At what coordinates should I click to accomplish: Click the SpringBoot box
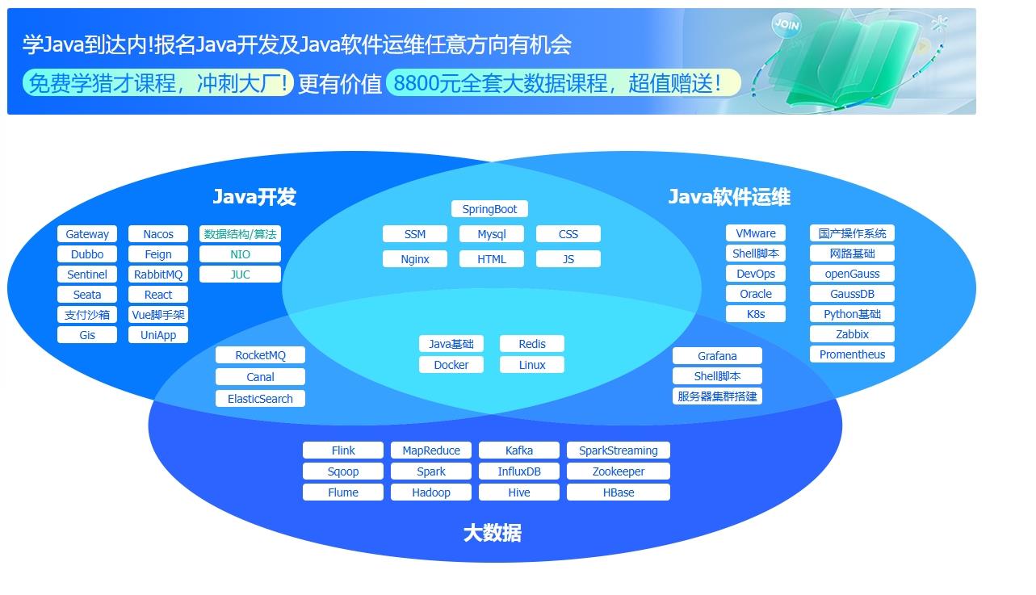[x=489, y=209]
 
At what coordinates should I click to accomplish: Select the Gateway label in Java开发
[x=87, y=234]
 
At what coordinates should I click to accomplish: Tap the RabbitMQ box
[x=158, y=274]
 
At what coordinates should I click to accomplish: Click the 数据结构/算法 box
[x=240, y=234]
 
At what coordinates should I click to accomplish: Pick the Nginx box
[x=415, y=259]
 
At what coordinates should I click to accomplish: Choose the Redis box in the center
[x=532, y=344]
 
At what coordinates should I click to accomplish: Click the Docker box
[x=451, y=365]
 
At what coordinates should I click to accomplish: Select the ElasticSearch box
[x=260, y=399]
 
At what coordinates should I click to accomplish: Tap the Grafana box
[x=717, y=356]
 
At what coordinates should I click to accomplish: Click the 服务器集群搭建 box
[x=717, y=396]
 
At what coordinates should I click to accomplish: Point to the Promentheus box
[x=852, y=354]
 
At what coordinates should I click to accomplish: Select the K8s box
[x=756, y=314]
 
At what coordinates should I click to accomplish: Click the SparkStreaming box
[x=619, y=450]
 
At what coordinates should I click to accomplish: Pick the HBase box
[x=619, y=492]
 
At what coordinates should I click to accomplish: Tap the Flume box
[x=343, y=492]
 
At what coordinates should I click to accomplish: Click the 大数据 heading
[x=492, y=533]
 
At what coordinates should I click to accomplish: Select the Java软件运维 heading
[x=729, y=197]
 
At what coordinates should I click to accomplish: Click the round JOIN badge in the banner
[x=786, y=25]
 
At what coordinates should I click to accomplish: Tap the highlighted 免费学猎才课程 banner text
[x=158, y=83]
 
